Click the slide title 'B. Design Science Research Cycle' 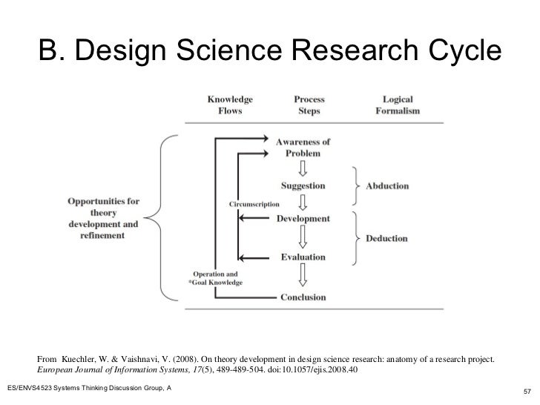coord(270,50)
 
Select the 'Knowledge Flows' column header coord(230,105)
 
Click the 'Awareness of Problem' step coord(303,147)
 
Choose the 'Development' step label coord(303,219)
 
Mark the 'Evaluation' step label coord(303,257)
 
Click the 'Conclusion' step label coord(303,297)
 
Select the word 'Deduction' coord(387,238)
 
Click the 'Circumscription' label coord(248,203)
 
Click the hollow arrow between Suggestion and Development coord(302,201)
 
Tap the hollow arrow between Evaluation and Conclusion coord(302,276)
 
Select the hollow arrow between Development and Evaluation coord(302,237)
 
